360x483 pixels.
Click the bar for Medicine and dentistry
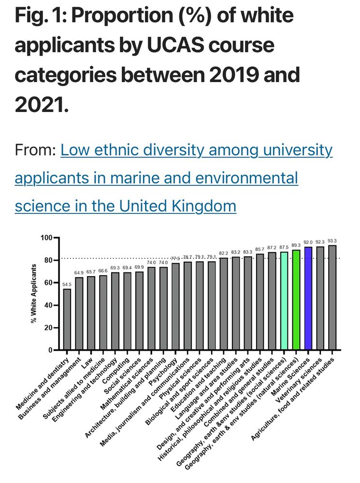67,319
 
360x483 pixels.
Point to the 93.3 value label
332,241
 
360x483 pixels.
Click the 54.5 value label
67,284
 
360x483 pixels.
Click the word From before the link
35,150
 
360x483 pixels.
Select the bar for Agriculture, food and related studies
332,297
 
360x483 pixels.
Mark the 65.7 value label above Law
91,272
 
